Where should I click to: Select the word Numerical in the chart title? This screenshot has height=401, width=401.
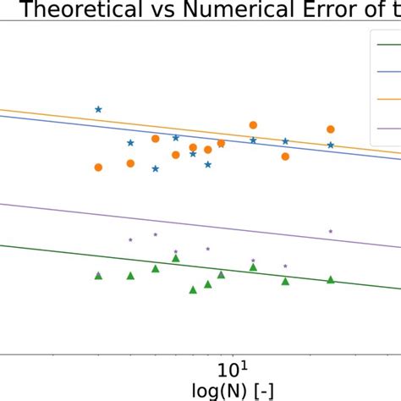pyautogui.click(x=234, y=11)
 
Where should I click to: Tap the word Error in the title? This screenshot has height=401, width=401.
pyautogui.click(x=328, y=11)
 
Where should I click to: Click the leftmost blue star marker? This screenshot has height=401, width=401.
pyautogui.click(x=98, y=109)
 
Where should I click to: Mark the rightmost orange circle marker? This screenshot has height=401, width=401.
pyautogui.click(x=331, y=129)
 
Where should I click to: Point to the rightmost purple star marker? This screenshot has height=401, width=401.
pyautogui.click(x=331, y=231)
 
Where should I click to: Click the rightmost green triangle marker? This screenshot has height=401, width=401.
pyautogui.click(x=331, y=280)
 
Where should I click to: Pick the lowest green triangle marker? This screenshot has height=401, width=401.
pyautogui.click(x=194, y=290)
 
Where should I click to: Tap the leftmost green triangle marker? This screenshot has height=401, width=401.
pyautogui.click(x=98, y=276)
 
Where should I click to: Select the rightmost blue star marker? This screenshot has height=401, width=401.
pyautogui.click(x=331, y=145)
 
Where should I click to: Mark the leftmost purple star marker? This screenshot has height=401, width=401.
pyautogui.click(x=130, y=240)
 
